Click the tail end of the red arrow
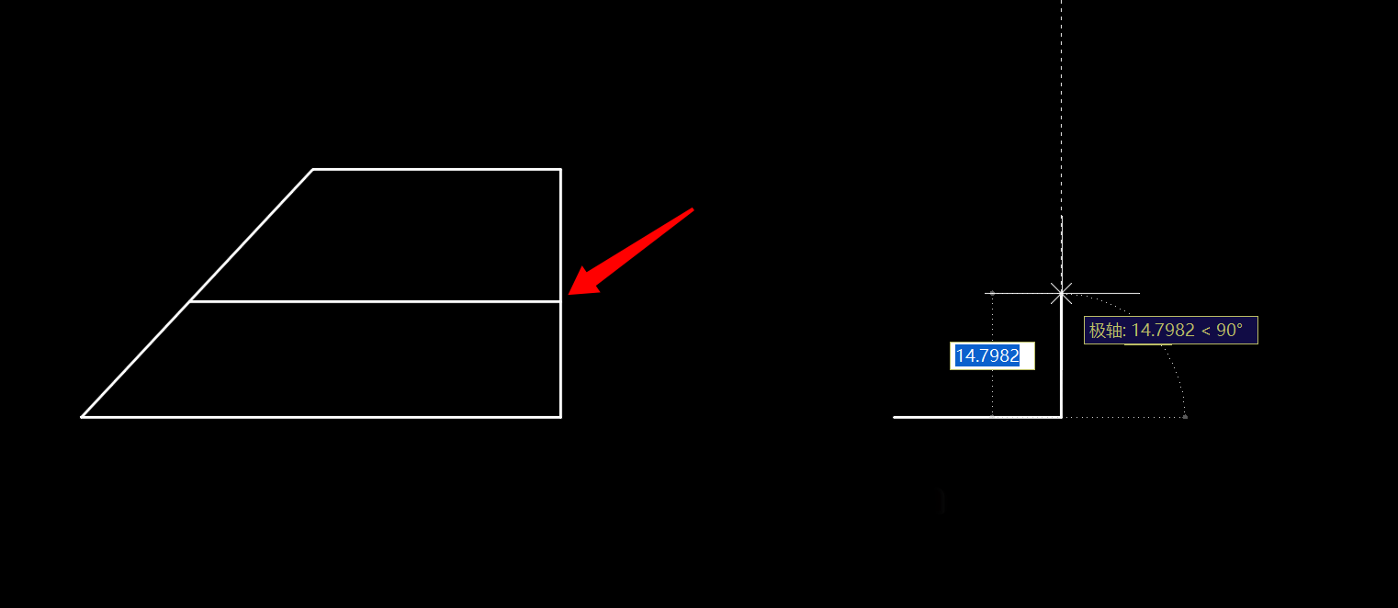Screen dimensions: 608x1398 tap(691, 210)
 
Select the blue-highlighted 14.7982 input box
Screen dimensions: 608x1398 tap(992, 356)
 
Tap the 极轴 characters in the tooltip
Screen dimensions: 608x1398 tap(1106, 331)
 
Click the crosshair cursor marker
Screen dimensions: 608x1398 tap(1062, 293)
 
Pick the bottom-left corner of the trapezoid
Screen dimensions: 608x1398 tap(83, 417)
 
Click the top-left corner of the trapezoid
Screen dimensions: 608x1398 tap(313, 169)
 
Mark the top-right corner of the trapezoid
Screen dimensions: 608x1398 tap(560, 169)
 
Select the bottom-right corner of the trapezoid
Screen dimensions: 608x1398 tap(560, 417)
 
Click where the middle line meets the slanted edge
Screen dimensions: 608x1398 tap(190, 301)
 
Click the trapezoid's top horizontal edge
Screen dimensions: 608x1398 tap(436, 169)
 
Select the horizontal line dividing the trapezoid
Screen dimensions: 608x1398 tap(377, 301)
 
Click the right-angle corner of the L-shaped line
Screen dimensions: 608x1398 tap(1062, 417)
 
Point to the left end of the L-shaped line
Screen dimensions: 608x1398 tap(895, 417)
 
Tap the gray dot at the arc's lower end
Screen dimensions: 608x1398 tap(1185, 417)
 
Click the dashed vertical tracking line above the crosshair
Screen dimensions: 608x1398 tap(1062, 110)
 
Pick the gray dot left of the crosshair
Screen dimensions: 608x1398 tap(992, 293)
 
